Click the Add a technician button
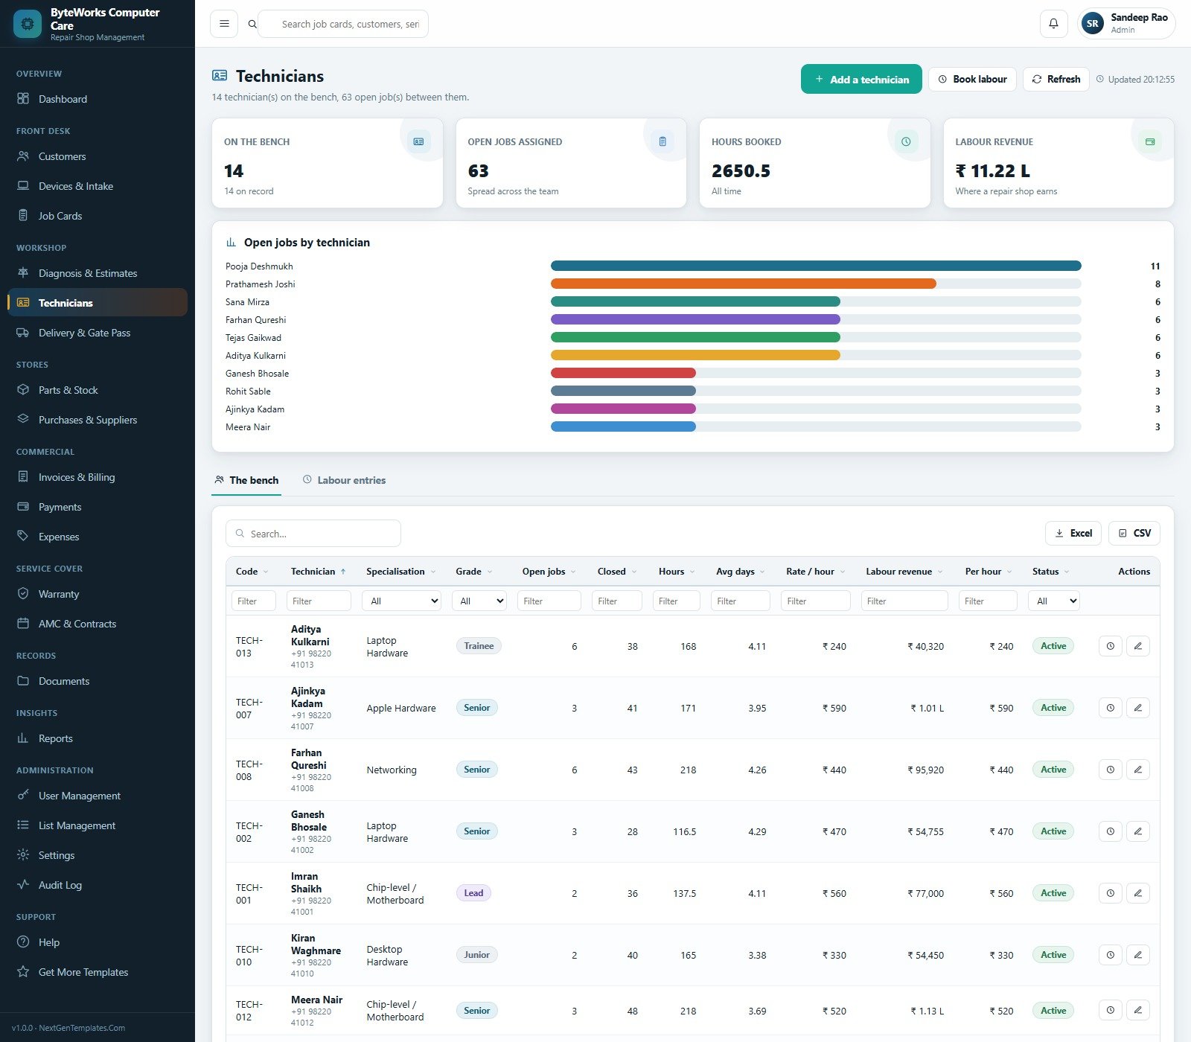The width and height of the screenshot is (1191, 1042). (x=861, y=79)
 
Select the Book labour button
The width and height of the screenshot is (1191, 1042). (x=972, y=79)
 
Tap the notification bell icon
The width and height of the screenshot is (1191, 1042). (x=1053, y=24)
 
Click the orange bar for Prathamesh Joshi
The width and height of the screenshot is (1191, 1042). (x=743, y=284)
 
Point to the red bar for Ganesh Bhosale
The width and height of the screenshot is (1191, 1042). (x=623, y=373)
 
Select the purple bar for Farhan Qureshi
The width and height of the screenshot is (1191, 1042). (x=695, y=319)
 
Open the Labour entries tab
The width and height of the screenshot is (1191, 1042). (x=344, y=480)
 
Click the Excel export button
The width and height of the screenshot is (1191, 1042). (x=1073, y=533)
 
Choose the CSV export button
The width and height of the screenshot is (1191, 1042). (x=1134, y=533)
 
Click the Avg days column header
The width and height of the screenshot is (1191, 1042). (x=735, y=572)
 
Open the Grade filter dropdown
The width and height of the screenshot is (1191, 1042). (x=479, y=601)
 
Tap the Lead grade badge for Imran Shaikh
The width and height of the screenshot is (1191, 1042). (x=473, y=893)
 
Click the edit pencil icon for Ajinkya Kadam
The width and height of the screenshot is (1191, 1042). (x=1137, y=708)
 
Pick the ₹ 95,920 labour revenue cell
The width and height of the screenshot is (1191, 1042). (x=925, y=770)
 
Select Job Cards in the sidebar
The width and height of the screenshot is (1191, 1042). (x=60, y=216)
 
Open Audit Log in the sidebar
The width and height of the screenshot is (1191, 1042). (x=60, y=885)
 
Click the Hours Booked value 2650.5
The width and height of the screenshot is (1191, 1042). (x=741, y=171)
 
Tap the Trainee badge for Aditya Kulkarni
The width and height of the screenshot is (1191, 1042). (x=479, y=646)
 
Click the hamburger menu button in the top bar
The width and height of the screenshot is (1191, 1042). (x=224, y=24)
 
